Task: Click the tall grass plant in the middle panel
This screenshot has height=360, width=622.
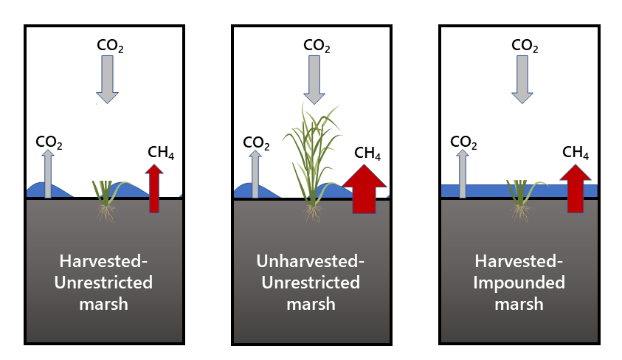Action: point(312,155)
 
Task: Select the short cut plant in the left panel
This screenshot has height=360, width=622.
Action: point(108,193)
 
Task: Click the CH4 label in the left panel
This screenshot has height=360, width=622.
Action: point(161,154)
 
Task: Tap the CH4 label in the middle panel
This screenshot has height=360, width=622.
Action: point(367,153)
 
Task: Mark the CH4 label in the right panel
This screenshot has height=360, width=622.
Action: point(576,153)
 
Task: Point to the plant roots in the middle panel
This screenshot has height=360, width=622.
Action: point(314,213)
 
